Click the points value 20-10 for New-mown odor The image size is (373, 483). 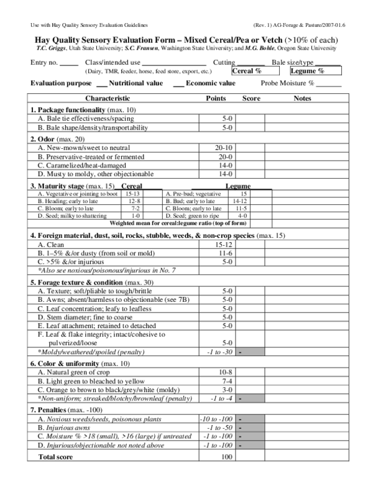tap(224, 148)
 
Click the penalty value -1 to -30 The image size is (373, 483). tap(218, 352)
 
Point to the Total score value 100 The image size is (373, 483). tap(226, 457)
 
